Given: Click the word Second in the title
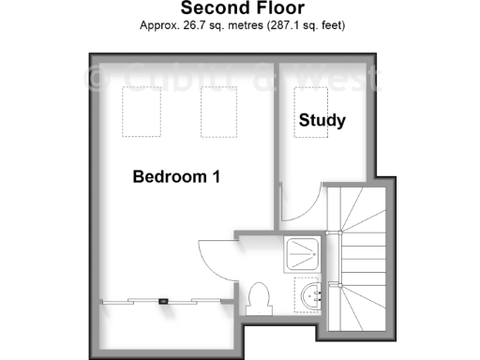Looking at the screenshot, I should point(208,9).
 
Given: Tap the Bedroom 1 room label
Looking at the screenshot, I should point(176,176).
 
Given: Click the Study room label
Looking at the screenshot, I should point(322,121).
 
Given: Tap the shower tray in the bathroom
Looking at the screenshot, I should point(307,251).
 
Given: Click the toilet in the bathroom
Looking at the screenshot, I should point(258,298).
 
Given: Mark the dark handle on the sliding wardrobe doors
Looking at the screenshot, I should point(164,301).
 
